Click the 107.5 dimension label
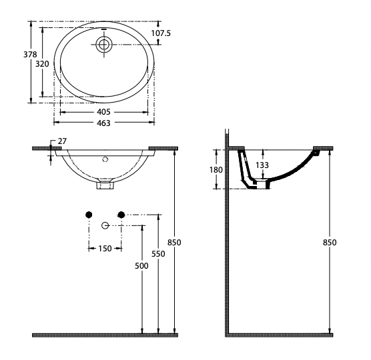161,33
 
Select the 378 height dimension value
30,55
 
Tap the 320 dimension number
42,64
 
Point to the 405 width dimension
103,112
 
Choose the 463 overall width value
103,123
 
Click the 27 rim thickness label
62,141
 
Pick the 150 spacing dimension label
105,249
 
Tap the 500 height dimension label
141,266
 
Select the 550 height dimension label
158,253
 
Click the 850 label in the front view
174,243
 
